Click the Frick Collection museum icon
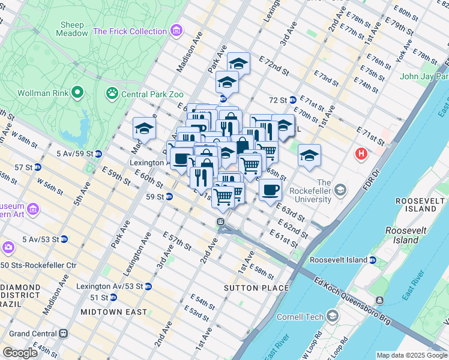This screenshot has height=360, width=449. pos(176,31)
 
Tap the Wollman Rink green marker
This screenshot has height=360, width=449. pos(77,93)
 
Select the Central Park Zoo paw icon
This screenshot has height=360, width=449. pos(112,93)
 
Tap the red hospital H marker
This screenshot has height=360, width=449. pos(361,154)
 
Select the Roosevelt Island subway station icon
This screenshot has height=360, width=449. pos(373,260)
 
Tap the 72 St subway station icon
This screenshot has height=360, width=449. pos(292,100)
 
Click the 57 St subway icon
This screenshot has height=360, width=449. pos(37,167)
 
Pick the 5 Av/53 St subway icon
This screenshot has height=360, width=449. pos(64,239)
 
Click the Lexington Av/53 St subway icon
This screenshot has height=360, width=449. pos(148,286)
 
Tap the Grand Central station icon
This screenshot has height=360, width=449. pos(63,334)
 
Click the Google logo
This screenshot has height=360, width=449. pos(20,353)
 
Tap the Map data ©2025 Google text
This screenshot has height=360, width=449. pos(411,355)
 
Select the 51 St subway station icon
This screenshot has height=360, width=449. pos(113,298)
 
